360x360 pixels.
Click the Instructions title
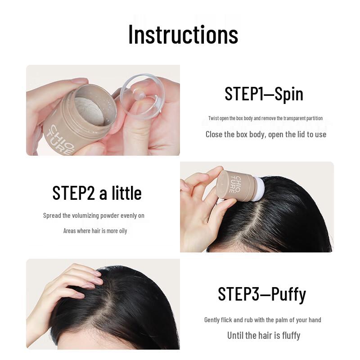(x=183, y=34)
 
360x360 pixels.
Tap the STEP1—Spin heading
(x=264, y=94)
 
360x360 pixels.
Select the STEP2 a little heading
(x=97, y=193)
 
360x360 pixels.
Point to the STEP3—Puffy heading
(x=262, y=294)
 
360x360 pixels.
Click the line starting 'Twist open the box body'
(x=265, y=118)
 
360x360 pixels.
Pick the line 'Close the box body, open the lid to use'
(x=265, y=134)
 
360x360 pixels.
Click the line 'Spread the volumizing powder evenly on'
(x=94, y=216)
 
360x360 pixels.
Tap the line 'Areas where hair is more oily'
(x=95, y=231)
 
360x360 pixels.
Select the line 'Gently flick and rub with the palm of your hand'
(x=262, y=320)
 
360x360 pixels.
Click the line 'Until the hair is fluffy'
(x=263, y=335)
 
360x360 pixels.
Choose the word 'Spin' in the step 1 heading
(x=288, y=94)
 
